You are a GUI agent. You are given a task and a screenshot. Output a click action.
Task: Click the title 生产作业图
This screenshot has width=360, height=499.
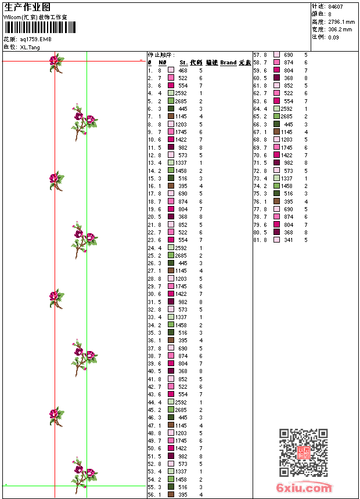[x=27, y=6]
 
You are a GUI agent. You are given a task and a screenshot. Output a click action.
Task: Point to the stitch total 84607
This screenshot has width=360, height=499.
[x=335, y=6]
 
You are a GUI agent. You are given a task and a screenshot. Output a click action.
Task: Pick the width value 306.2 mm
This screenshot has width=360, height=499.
[x=340, y=29]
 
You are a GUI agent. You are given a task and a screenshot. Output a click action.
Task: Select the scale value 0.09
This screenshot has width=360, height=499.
[x=333, y=37]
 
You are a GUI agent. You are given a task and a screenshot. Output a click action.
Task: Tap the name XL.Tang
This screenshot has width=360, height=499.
[x=30, y=47]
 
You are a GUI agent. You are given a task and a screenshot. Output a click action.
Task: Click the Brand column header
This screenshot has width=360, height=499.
[x=228, y=63]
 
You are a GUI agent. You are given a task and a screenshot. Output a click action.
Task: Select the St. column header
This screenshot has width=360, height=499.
[x=183, y=63]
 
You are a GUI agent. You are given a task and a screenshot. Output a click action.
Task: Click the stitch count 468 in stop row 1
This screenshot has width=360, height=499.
[x=183, y=70]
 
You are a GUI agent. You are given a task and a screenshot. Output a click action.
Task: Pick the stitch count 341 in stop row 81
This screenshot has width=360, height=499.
[x=288, y=240]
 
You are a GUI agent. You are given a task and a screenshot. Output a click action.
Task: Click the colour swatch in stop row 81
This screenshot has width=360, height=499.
[x=276, y=240]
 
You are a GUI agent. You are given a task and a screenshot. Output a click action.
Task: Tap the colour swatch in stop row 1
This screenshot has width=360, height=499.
[x=171, y=70]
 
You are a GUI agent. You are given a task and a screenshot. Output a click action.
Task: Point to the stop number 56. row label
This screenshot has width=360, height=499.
[x=151, y=495]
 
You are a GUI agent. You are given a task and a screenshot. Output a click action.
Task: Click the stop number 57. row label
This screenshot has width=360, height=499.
[x=257, y=55]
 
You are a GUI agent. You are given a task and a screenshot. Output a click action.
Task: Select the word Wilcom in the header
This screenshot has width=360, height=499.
[x=13, y=17]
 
